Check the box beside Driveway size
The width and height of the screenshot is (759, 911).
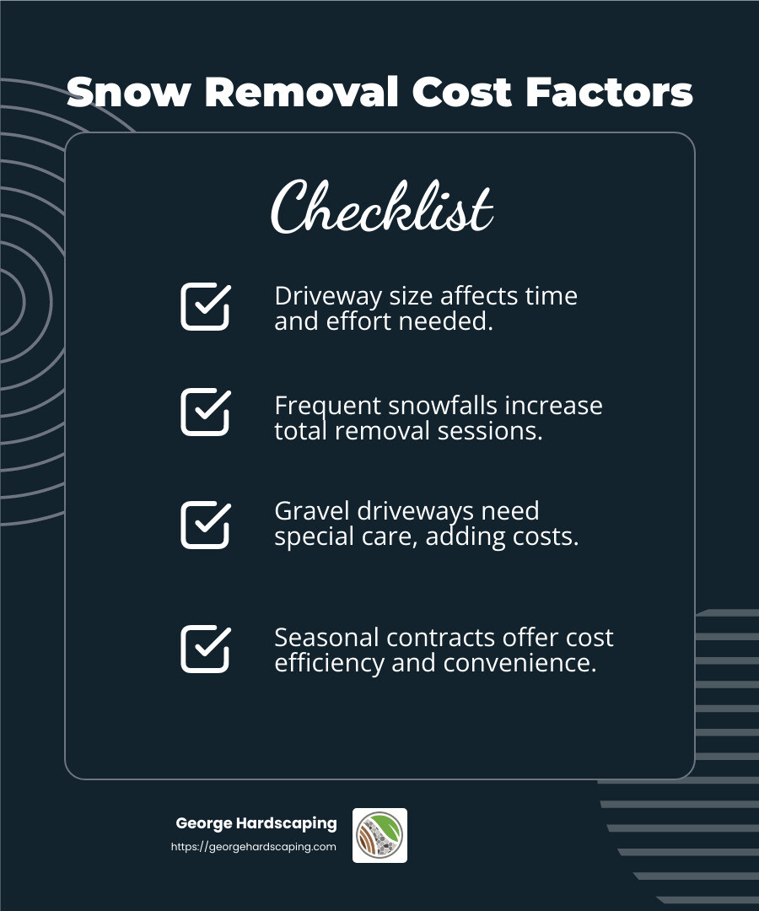coord(205,306)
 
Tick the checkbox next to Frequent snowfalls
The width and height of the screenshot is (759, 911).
coord(205,412)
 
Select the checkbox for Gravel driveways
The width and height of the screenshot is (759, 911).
coord(205,525)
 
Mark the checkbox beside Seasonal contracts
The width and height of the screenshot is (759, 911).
coord(205,649)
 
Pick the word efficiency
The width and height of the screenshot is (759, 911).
coord(330,663)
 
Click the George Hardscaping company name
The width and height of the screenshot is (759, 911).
coord(256,823)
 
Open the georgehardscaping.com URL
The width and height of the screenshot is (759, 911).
coord(253,847)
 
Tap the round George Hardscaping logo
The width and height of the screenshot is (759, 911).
coord(379,835)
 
